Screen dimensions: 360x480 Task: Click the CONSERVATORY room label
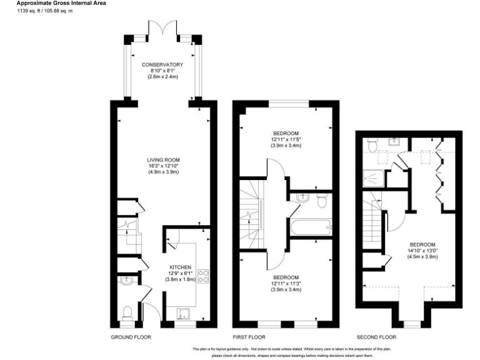coord(162,65)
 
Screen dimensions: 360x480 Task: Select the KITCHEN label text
coord(181,267)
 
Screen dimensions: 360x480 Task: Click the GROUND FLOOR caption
coord(131,337)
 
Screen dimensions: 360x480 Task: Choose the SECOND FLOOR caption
coord(375,337)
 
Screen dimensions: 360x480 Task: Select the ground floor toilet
coord(127,311)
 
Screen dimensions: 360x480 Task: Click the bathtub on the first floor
coord(309,227)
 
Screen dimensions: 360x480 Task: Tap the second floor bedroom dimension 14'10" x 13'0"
coord(422,249)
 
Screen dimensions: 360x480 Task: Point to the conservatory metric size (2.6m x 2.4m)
coord(162,77)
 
